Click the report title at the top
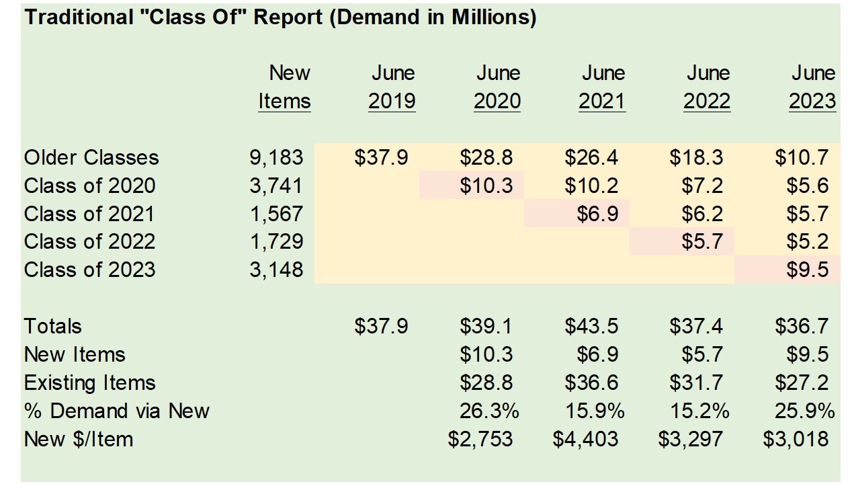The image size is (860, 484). pos(280,18)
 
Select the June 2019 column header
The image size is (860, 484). pos(392,87)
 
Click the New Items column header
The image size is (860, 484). pos(285,87)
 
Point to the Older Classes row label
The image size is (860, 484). pos(91,158)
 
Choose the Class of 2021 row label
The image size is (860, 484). pos(89,214)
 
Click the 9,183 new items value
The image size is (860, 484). pos(276,158)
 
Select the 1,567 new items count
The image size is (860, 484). pos(276,214)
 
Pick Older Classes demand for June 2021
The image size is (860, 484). pos(591,158)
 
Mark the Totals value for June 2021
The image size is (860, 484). pos(591,327)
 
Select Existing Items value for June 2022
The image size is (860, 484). pos(696,383)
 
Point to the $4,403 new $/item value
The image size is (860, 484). pos(585,440)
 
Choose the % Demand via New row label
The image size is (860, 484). pos(117,411)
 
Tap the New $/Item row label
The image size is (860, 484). pos(79,440)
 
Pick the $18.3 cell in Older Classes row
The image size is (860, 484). pos(696,158)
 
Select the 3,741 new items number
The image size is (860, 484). pos(276,186)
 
